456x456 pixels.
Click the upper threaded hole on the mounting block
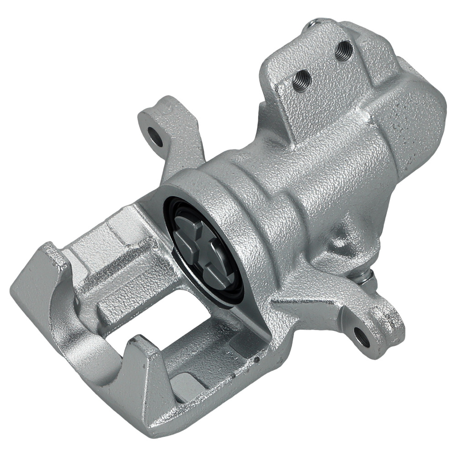pos(344,49)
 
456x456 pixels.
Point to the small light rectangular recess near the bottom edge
pos(185,381)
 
